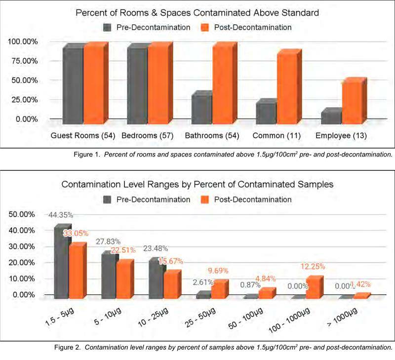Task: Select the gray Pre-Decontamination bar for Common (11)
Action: point(266,111)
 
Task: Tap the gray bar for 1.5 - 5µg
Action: point(60,262)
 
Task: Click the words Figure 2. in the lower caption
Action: point(68,347)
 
